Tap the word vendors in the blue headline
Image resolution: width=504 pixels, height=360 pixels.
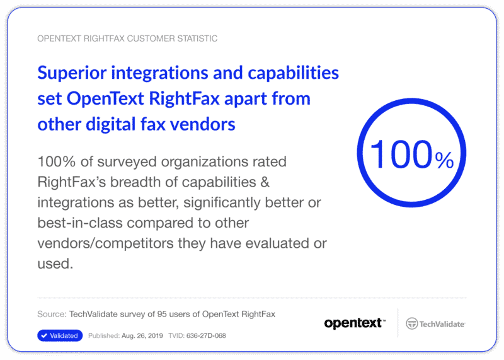[x=204, y=124]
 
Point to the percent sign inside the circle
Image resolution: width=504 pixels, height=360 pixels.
[x=444, y=161]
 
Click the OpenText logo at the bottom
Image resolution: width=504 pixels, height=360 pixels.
[x=354, y=323]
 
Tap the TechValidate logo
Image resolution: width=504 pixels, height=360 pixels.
[x=435, y=323]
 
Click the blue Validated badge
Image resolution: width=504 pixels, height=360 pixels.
[x=60, y=336]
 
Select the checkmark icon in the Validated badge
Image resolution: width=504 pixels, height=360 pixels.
[x=44, y=336]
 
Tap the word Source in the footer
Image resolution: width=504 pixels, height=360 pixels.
[x=50, y=314]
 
